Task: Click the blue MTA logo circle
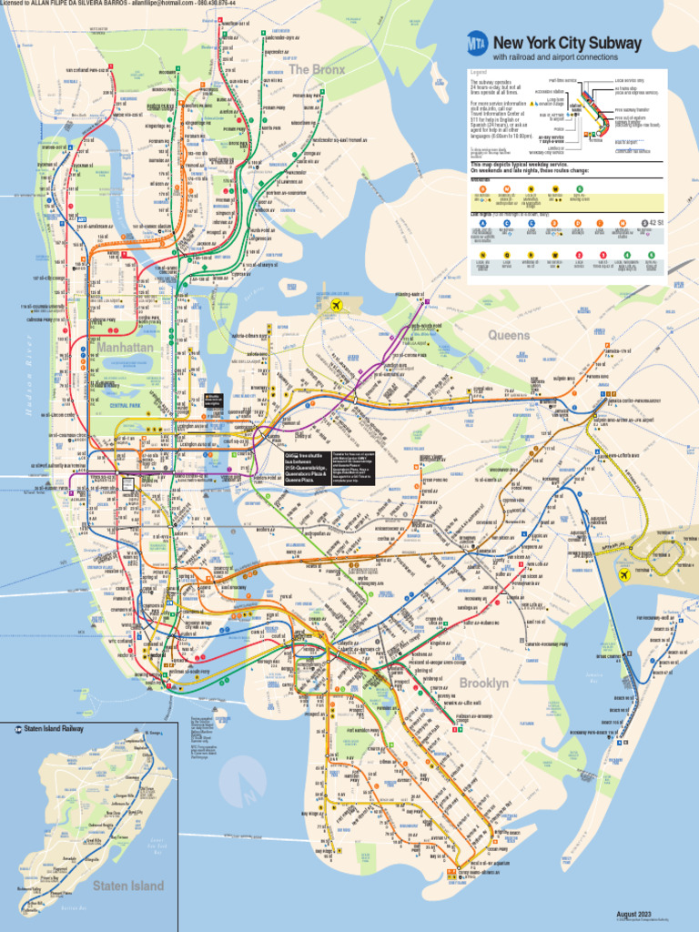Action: pyautogui.click(x=478, y=43)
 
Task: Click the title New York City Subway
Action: pyautogui.click(x=567, y=43)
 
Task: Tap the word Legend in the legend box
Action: pyautogui.click(x=479, y=72)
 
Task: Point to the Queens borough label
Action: pyautogui.click(x=509, y=335)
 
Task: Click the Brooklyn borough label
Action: pyautogui.click(x=484, y=683)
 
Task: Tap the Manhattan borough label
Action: pyautogui.click(x=125, y=348)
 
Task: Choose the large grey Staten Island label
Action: pyautogui.click(x=128, y=885)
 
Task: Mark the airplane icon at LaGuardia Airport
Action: pyautogui.click(x=337, y=304)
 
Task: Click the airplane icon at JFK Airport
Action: pyautogui.click(x=624, y=574)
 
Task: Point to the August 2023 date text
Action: pyautogui.click(x=634, y=913)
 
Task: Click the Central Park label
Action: pyautogui.click(x=125, y=404)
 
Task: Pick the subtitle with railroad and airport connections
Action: pyautogui.click(x=555, y=57)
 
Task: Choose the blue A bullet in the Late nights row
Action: pyautogui.click(x=482, y=222)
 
